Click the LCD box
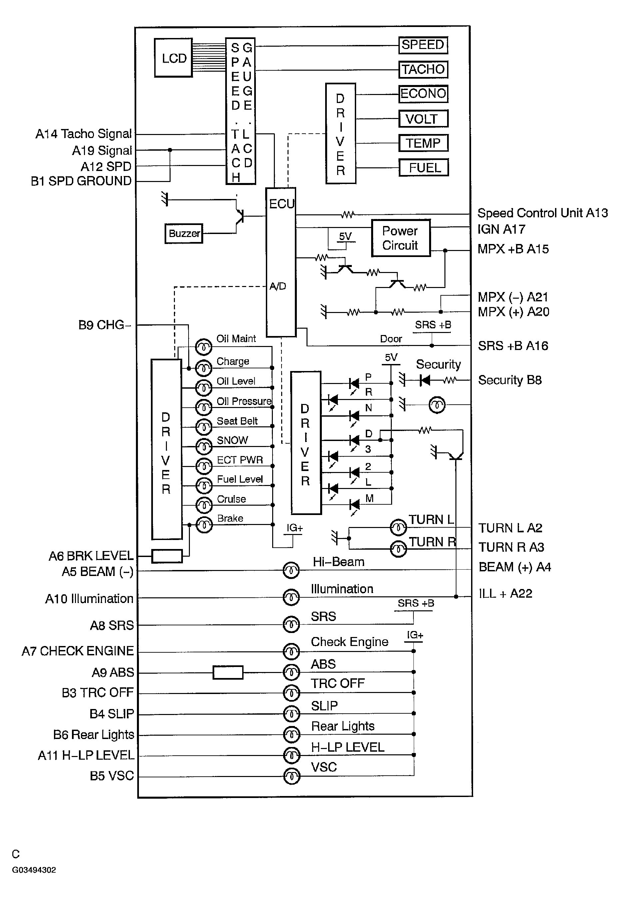tap(173, 58)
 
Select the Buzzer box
tap(184, 234)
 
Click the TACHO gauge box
tap(423, 70)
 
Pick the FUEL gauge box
tap(423, 168)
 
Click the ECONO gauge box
tap(423, 94)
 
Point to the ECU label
tap(281, 204)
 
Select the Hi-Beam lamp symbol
tap(291, 570)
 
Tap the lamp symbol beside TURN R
tap(398, 549)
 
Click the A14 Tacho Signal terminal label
tap(84, 134)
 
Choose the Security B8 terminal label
tap(510, 380)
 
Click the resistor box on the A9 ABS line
tap(228, 672)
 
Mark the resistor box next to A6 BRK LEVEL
tap(167, 556)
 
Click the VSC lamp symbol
tap(292, 776)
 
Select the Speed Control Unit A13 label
tap(542, 213)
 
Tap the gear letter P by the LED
tap(368, 377)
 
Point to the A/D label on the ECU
tap(278, 286)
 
